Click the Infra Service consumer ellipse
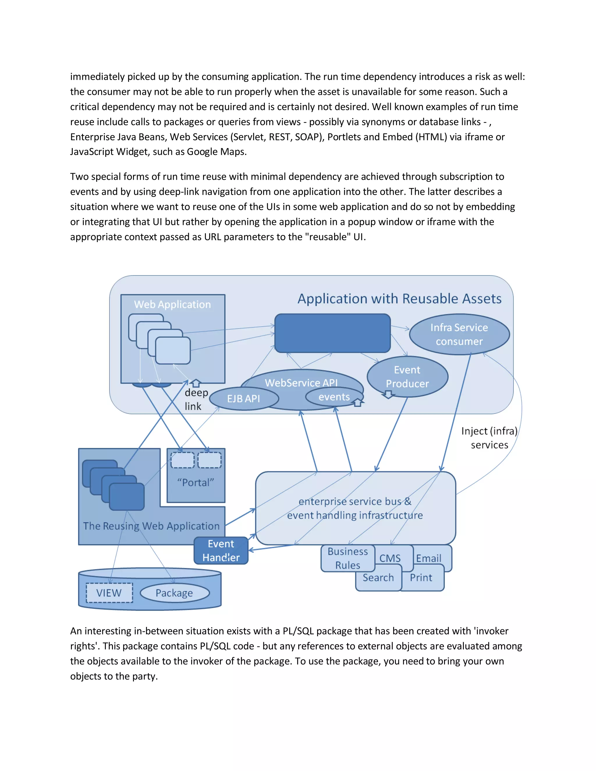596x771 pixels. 459,334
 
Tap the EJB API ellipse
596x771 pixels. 244,399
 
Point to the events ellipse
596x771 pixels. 334,397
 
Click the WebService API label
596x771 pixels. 301,383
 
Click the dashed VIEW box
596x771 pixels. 109,593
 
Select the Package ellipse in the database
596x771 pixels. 174,593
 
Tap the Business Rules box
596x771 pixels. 347,558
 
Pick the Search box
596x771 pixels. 378,578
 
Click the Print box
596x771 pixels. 421,578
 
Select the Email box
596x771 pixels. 429,558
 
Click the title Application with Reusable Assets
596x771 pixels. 399,299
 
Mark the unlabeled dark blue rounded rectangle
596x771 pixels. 332,333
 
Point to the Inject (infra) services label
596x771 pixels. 489,438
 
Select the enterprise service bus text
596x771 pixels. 355,508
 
